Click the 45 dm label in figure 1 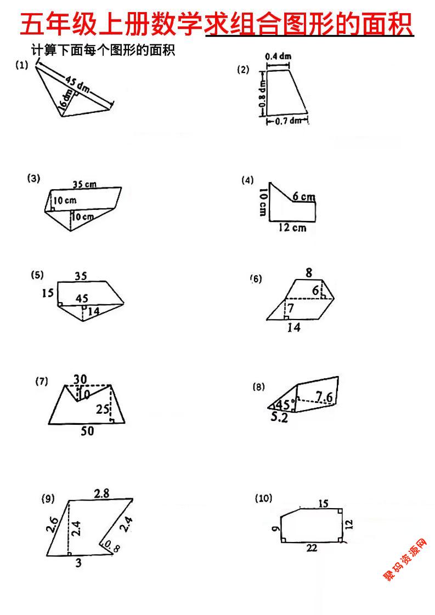(x=77, y=84)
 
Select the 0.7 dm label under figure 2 (x=287, y=121)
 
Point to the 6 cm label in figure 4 (x=303, y=196)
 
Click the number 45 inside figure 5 (x=82, y=298)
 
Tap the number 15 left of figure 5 (x=48, y=294)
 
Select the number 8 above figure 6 (x=309, y=272)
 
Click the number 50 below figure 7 (x=87, y=431)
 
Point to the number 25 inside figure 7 (x=103, y=409)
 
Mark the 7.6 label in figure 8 (x=324, y=396)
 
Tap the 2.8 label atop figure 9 (x=101, y=493)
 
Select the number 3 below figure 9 (x=78, y=562)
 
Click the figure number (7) (x=42, y=382)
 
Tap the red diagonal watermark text (x=405, y=560)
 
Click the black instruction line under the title (x=103, y=52)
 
